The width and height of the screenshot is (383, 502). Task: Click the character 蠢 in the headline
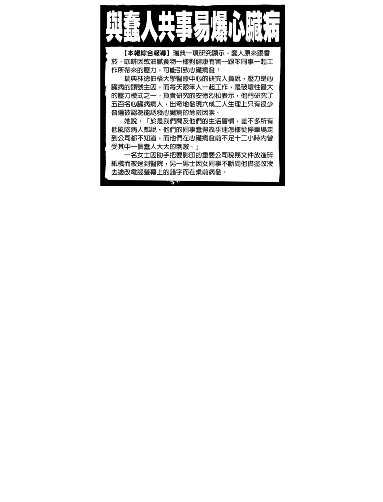coord(132,27)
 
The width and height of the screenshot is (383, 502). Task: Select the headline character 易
coord(201,27)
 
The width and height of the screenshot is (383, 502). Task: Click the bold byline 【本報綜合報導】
coord(147,53)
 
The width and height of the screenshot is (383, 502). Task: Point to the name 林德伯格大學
coord(156,78)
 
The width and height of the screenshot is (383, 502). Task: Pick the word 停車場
coord(257,129)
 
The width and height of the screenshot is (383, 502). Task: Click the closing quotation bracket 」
coord(197,147)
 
